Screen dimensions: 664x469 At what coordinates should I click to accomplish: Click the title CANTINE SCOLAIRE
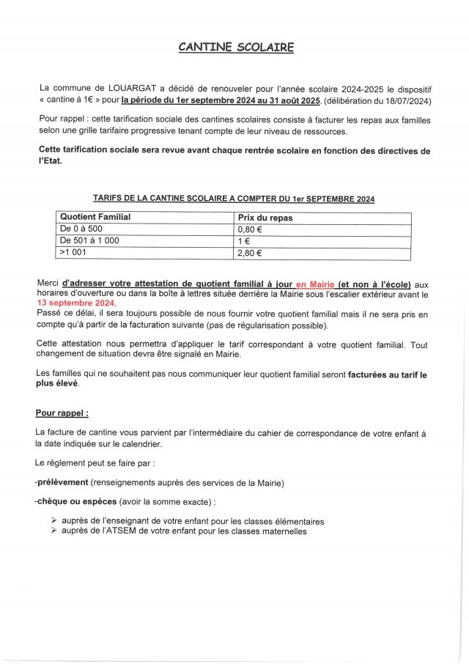pos(236,48)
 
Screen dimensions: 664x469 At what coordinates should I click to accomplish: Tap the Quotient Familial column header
pos(95,217)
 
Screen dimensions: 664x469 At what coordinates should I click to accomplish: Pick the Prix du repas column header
pos(265,217)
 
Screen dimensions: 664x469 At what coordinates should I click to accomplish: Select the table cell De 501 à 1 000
pos(89,240)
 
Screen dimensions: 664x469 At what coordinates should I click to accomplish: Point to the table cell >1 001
pos(73,253)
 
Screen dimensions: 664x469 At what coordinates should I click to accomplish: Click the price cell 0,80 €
pos(250,229)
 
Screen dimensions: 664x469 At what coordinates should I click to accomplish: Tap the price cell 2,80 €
pos(250,253)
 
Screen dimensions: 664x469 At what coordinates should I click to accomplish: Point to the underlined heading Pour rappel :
pos(62,413)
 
